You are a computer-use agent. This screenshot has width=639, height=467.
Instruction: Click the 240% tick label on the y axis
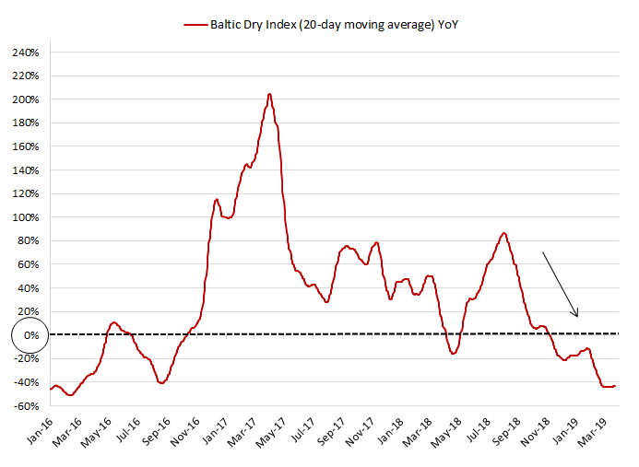click(x=25, y=52)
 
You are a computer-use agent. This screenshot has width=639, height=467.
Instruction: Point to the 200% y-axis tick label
click(x=25, y=99)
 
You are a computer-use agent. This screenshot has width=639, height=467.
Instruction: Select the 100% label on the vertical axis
click(x=25, y=217)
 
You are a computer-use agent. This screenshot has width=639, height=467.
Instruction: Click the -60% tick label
click(x=25, y=406)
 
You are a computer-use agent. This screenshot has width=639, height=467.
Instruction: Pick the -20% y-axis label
click(x=25, y=359)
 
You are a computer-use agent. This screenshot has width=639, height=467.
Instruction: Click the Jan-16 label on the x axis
click(x=38, y=432)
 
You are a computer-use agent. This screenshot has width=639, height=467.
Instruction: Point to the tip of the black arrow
click(x=577, y=318)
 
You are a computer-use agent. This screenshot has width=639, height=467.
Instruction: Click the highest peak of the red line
click(x=269, y=93)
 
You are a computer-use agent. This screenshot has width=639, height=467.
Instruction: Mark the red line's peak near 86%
click(x=503, y=233)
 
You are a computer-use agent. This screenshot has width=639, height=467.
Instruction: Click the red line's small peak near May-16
click(x=114, y=322)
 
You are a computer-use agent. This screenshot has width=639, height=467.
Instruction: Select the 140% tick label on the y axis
click(x=25, y=170)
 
